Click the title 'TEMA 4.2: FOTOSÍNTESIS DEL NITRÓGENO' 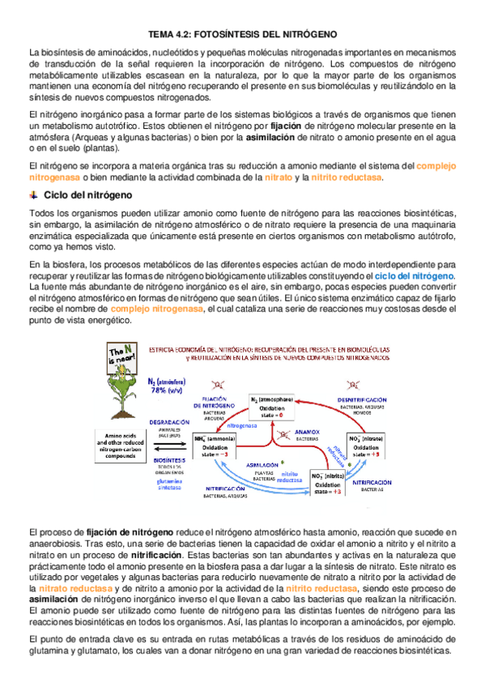point(243,35)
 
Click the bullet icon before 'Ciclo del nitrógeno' point(33,196)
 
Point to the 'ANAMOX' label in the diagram point(285,431)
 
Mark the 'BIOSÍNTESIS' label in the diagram point(169,459)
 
